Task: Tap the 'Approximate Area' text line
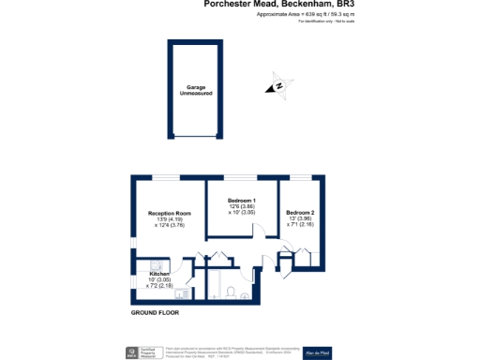pyautogui.click(x=298, y=15)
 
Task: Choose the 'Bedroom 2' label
pyautogui.click(x=300, y=213)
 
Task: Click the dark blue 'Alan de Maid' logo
pyautogui.click(x=343, y=352)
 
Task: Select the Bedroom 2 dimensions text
pyautogui.click(x=300, y=221)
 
